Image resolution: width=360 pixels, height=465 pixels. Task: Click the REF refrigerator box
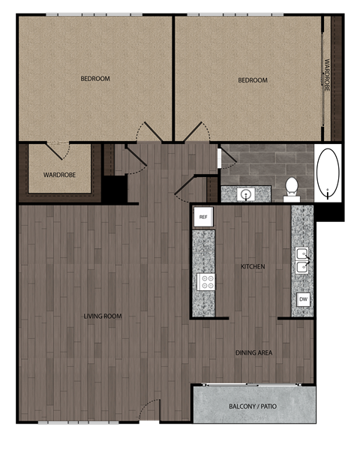(203, 217)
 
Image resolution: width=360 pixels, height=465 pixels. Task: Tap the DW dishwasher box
(303, 300)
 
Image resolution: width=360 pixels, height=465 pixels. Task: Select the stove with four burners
(205, 282)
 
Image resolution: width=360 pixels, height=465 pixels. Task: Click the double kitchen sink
(302, 260)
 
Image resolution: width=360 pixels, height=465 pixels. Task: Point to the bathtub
(327, 173)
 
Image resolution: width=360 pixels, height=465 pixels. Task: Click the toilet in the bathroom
(291, 188)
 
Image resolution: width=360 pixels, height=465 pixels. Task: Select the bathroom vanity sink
(245, 194)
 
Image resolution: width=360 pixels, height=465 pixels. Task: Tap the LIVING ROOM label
(103, 316)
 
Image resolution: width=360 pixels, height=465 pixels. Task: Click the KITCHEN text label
(253, 266)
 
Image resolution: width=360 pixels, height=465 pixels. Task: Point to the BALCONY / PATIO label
(253, 407)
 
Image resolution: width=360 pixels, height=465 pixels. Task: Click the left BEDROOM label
(95, 79)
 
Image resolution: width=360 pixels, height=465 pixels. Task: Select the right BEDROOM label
(253, 80)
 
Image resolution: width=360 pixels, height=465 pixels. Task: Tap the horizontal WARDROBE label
(58, 175)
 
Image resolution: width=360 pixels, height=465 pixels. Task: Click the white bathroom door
(218, 158)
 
